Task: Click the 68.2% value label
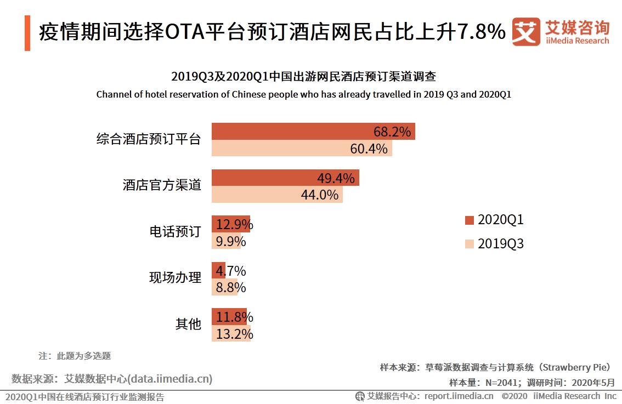tap(392, 132)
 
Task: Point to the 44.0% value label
tap(320, 195)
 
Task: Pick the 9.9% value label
tap(231, 241)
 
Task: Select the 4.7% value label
tap(231, 271)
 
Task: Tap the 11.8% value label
tap(235, 317)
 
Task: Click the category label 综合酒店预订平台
tap(148, 139)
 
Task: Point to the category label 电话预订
tap(176, 231)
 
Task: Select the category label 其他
tap(188, 324)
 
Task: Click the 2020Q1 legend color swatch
tap(469, 220)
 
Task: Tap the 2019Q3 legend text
tap(501, 244)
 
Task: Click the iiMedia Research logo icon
tap(525, 32)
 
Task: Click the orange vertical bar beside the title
tap(27, 33)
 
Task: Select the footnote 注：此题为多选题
tap(75, 356)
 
